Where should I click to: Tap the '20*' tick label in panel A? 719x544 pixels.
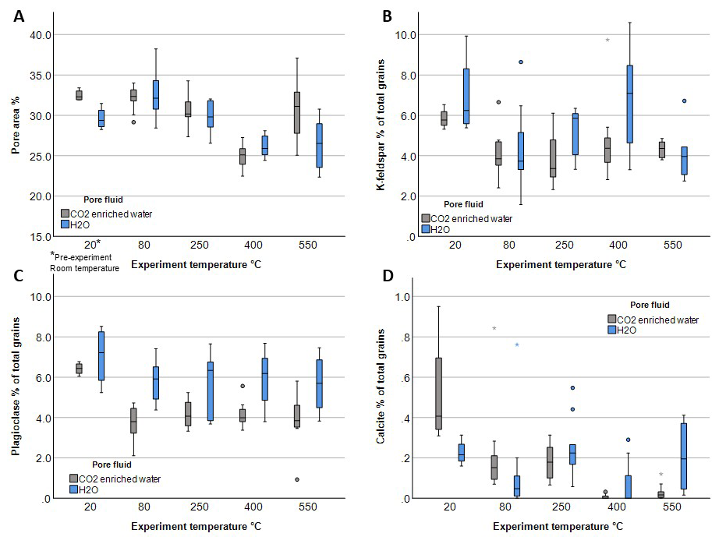pos(92,245)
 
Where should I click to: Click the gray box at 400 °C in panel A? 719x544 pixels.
pos(242,156)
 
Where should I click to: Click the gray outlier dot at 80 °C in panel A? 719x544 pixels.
pos(133,122)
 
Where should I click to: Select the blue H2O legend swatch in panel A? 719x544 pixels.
pos(66,224)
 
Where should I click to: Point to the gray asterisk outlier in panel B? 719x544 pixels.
pos(607,41)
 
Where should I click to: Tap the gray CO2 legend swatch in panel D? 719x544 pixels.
pos(612,319)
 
